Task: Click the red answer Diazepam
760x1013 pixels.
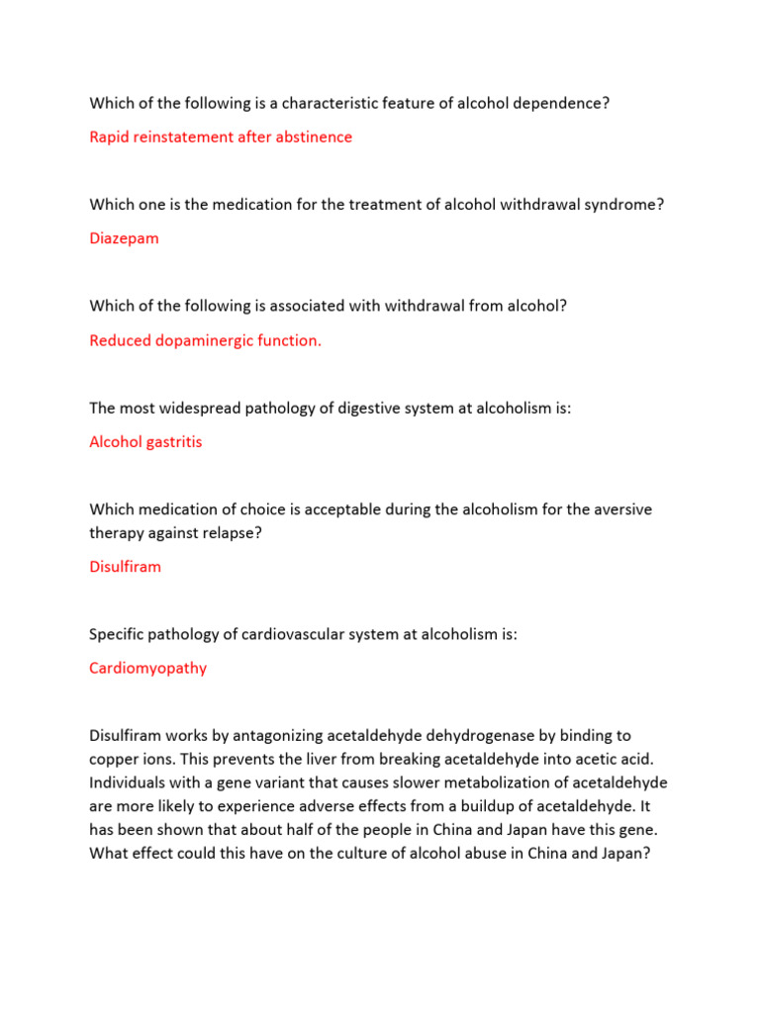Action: (x=124, y=238)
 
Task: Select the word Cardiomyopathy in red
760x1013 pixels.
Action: (x=147, y=668)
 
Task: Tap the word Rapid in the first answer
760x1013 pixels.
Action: (x=109, y=137)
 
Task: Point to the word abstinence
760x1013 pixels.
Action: (x=312, y=137)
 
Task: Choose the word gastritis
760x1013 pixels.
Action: (x=170, y=442)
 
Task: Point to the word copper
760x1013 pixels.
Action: (x=114, y=759)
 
